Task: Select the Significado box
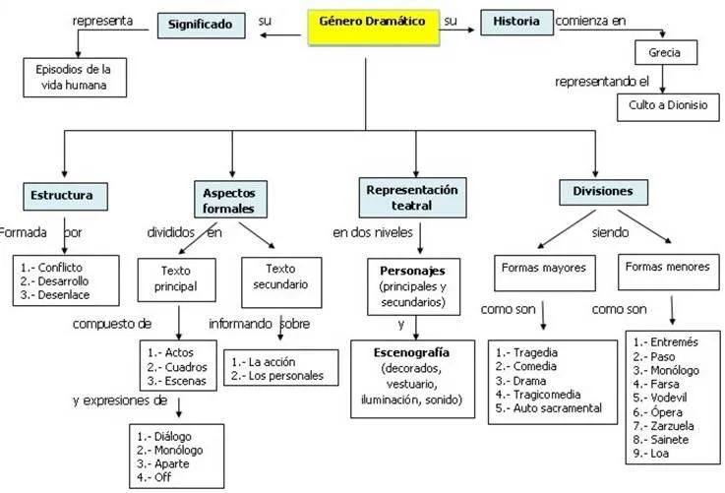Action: point(201,23)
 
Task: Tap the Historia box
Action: point(516,22)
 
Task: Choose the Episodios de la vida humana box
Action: point(75,77)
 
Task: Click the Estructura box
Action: point(61,195)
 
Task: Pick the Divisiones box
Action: point(595,190)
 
